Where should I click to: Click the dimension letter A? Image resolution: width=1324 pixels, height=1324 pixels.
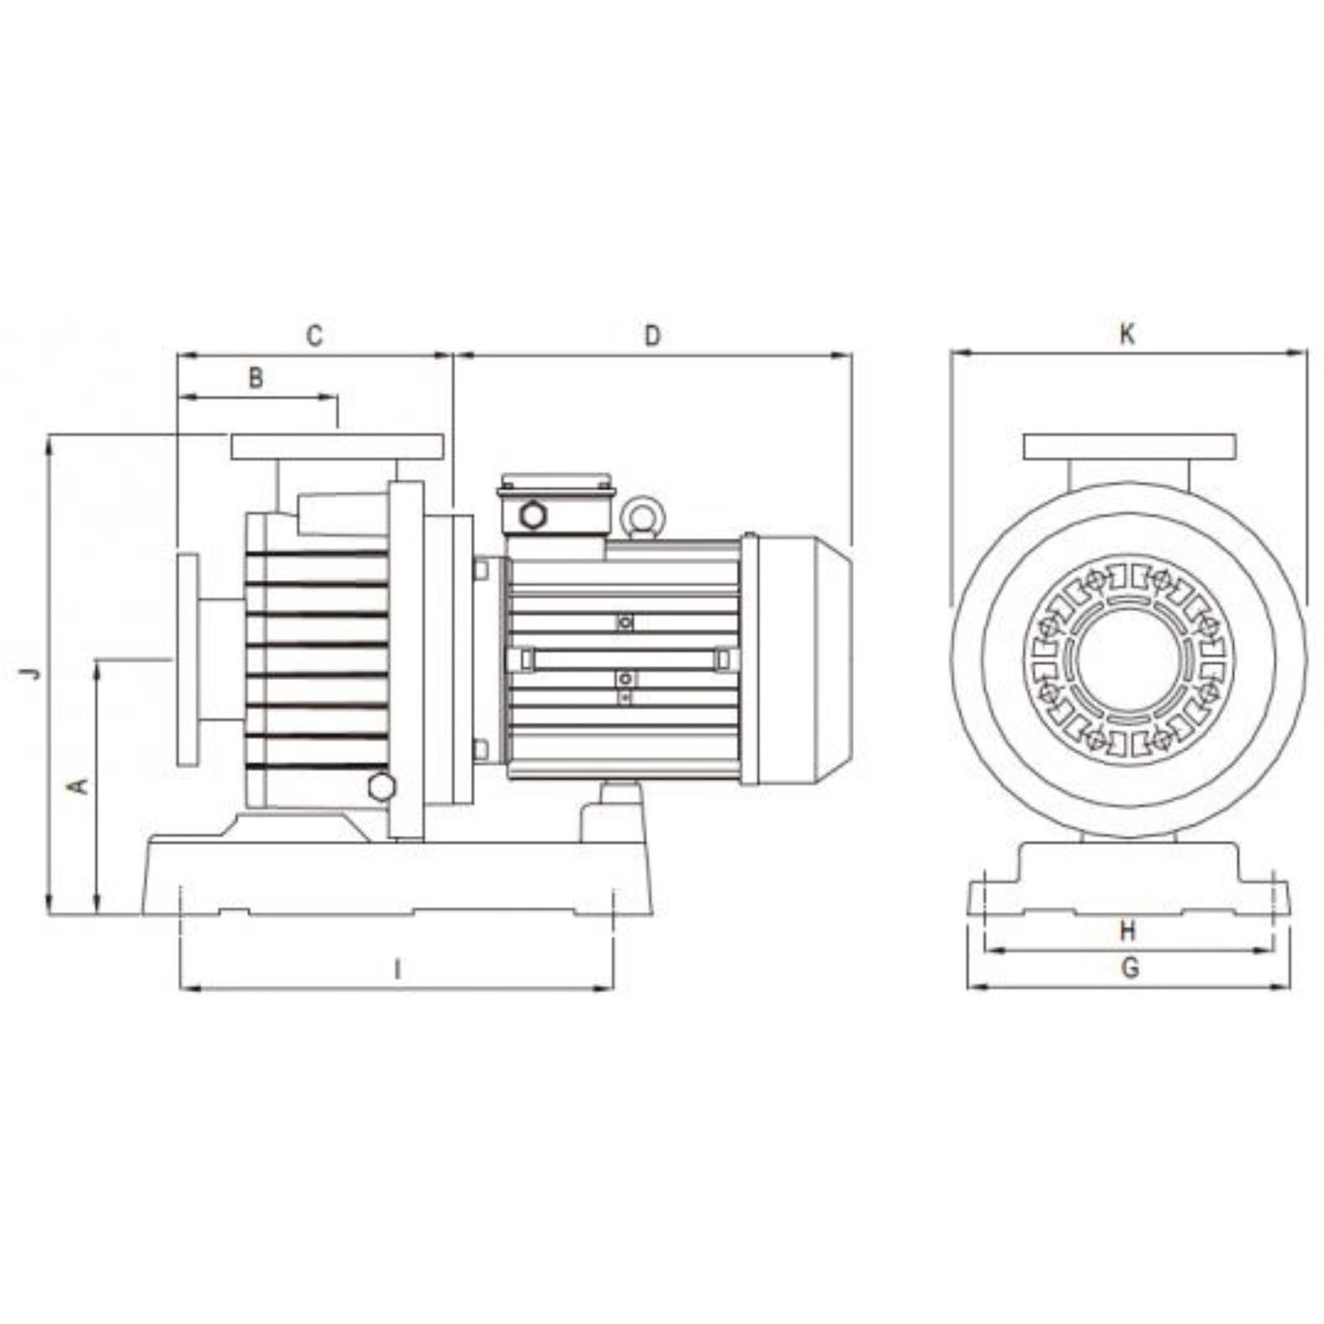[x=80, y=784]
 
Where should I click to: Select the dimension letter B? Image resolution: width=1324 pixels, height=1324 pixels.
[x=257, y=378]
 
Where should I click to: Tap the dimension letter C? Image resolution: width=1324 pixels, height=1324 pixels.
[x=314, y=336]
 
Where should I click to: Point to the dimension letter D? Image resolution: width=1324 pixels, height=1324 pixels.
[x=653, y=336]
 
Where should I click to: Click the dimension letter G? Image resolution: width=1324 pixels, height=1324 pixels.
[x=1130, y=967]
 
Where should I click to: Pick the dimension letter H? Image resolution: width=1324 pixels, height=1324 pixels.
[x=1128, y=931]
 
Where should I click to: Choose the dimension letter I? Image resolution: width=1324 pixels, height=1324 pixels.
[x=398, y=969]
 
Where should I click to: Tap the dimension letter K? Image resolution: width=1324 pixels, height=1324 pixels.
[x=1127, y=334]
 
